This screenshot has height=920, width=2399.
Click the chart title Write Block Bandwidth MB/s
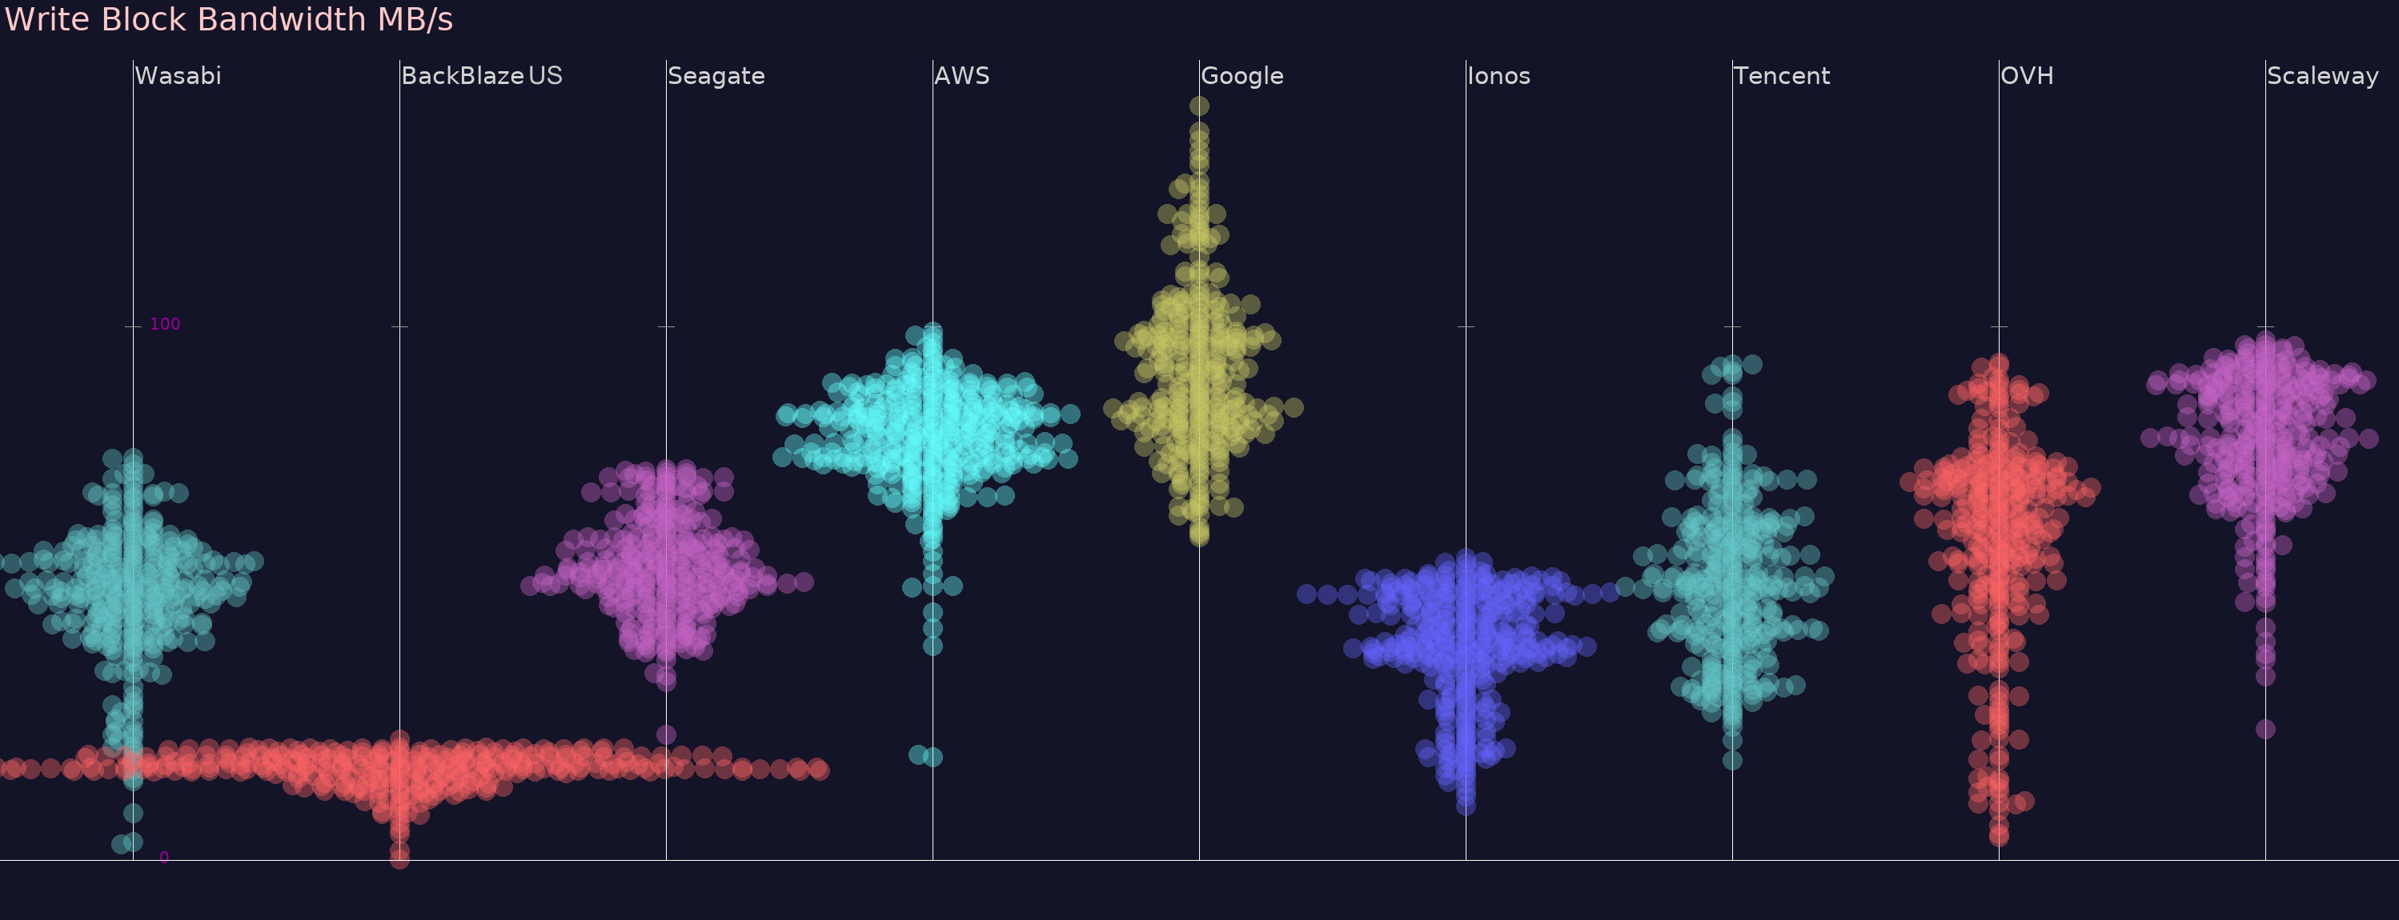(229, 19)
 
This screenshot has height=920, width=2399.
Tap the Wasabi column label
(178, 75)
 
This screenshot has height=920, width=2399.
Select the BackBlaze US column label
(481, 75)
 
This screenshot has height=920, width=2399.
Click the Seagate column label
(716, 75)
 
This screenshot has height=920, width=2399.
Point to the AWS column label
(962, 75)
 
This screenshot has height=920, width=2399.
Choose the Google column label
(1242, 75)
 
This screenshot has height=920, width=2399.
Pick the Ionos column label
(1498, 75)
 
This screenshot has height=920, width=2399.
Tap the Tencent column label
(1782, 75)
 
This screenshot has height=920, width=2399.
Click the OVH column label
(2027, 75)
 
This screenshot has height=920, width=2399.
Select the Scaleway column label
(2323, 75)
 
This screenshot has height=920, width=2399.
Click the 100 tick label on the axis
(165, 324)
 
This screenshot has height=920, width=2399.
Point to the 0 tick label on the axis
(164, 858)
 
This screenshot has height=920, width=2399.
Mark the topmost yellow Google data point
(1199, 106)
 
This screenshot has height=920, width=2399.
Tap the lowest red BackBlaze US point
(399, 859)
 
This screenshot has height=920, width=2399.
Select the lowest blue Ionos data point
(1466, 806)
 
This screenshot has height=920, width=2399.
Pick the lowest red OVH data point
(1999, 837)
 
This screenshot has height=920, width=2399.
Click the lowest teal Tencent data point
(1732, 761)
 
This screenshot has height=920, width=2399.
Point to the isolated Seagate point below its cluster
(666, 734)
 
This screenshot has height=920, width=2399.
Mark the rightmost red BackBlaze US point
(819, 769)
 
